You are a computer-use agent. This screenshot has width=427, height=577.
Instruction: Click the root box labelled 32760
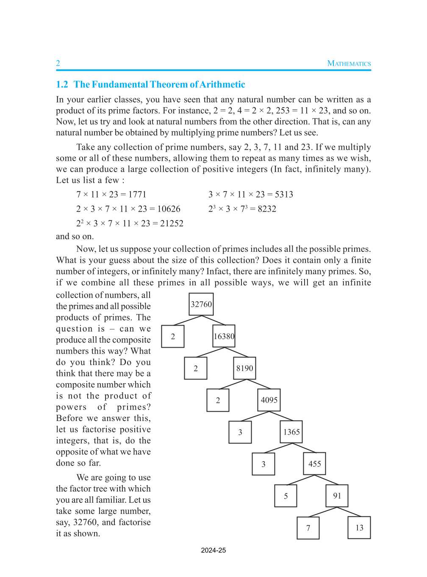(x=201, y=304)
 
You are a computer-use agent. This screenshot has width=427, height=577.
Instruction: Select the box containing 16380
(x=224, y=337)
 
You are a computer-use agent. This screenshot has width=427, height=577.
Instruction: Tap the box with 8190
(x=244, y=368)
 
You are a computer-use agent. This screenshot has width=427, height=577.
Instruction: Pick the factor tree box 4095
(x=269, y=400)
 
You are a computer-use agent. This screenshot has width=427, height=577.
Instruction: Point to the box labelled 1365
(x=291, y=432)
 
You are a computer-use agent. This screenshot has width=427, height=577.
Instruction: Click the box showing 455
(x=314, y=464)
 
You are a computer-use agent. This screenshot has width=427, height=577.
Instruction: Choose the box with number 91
(x=337, y=496)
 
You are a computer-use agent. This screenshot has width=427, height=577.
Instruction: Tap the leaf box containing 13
(x=359, y=528)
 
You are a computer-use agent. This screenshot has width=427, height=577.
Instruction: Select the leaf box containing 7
(x=308, y=528)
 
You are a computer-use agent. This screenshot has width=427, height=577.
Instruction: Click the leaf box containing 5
(x=286, y=496)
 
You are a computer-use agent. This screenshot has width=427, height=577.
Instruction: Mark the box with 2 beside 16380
(x=173, y=337)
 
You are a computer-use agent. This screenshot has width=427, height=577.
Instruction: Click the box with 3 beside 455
(x=263, y=464)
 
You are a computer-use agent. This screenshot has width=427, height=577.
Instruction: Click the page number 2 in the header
(x=58, y=64)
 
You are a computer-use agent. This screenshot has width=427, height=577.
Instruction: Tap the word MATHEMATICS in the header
(x=349, y=64)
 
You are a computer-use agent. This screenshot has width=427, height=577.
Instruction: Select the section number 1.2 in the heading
(x=62, y=84)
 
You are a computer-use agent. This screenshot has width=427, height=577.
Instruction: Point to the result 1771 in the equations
(x=137, y=195)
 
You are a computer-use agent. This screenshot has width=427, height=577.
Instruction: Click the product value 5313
(x=284, y=195)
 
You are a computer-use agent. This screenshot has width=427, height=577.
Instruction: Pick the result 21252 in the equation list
(x=172, y=223)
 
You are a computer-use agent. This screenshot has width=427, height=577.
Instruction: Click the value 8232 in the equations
(x=267, y=209)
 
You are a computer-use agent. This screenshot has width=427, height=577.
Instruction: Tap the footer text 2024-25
(x=213, y=551)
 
